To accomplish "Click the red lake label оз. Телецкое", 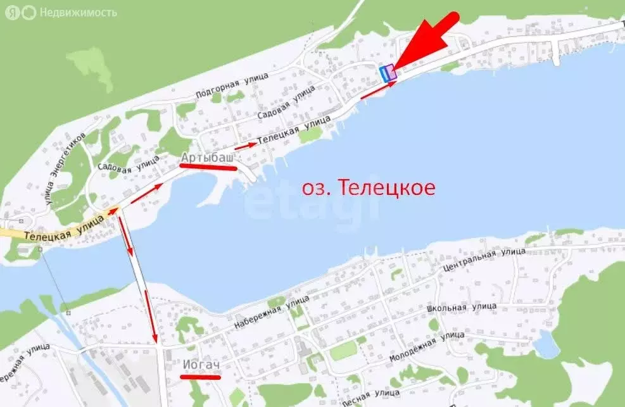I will tap(368, 188).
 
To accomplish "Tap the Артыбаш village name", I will tap(208, 156).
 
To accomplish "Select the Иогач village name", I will tap(201, 365).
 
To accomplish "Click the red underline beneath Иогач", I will tap(200, 377).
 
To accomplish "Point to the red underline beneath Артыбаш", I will tap(208, 166).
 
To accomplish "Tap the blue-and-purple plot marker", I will tap(388, 73).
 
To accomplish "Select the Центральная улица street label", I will tap(484, 261).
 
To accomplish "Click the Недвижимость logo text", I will tap(78, 12).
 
